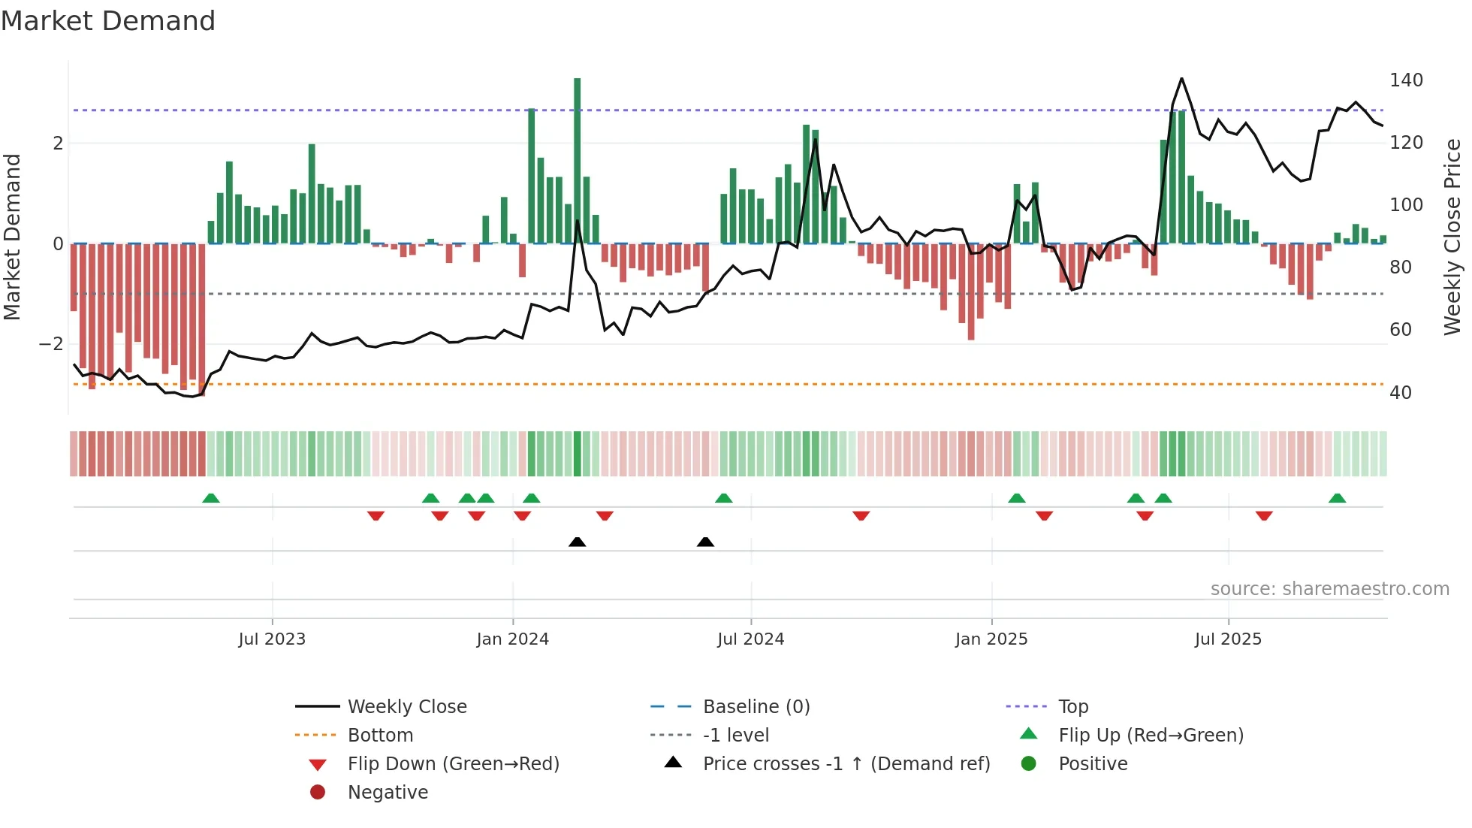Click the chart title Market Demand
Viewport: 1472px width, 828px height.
pos(108,21)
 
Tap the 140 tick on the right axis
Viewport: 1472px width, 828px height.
pos(1406,80)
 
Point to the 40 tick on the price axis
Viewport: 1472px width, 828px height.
pos(1400,393)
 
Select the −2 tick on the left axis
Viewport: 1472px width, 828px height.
pos(51,344)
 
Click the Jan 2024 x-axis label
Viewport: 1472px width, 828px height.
pos(512,639)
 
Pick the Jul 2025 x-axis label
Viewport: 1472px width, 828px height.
pos(1228,639)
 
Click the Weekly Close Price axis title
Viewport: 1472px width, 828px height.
pos(1452,237)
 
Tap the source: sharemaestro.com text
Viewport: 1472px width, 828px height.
pos(1329,589)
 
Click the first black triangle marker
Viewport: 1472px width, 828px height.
pos(577,542)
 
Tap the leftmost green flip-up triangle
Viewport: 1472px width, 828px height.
pos(211,498)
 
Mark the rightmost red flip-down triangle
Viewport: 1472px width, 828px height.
pos(1264,515)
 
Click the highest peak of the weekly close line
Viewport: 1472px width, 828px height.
pos(1181,78)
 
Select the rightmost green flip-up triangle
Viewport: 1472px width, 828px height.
pos(1337,498)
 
